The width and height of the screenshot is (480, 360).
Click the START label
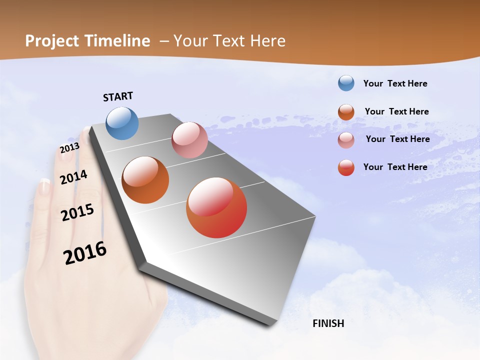tap(118, 96)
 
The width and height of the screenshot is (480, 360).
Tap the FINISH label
tap(328, 323)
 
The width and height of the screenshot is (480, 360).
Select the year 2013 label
tap(69, 148)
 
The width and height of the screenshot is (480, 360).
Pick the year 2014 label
tap(73, 177)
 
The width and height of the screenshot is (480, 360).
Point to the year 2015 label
tap(77, 212)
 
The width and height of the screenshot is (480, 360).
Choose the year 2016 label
tap(85, 253)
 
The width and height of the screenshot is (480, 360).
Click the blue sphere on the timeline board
tap(122, 123)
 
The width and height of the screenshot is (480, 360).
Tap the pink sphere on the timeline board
tap(189, 140)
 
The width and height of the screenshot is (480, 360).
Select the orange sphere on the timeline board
tap(145, 180)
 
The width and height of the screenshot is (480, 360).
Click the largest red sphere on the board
tap(216, 207)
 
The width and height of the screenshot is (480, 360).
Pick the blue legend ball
tap(346, 83)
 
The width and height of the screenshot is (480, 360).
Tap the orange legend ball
tap(346, 111)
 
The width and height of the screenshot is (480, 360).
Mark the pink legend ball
tap(346, 139)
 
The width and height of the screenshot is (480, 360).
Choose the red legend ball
tap(346, 167)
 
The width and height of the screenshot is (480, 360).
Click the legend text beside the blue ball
tap(395, 83)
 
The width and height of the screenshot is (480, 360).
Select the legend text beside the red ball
tap(395, 167)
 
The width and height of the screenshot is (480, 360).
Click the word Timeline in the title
tap(117, 41)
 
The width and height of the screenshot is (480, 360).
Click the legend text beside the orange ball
tap(396, 111)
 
